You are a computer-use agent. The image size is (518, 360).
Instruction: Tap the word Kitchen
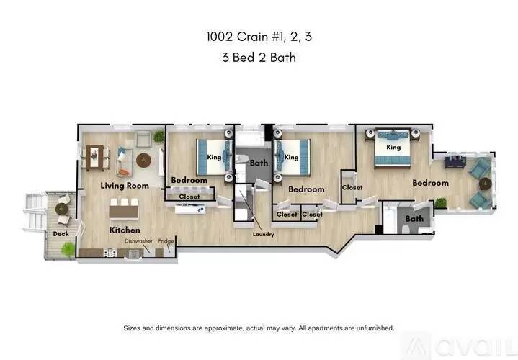coord(124,230)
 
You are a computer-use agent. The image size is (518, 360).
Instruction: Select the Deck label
coord(61,234)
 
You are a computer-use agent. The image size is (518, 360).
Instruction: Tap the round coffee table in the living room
coord(143,159)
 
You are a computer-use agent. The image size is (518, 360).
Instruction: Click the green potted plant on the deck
coord(68,249)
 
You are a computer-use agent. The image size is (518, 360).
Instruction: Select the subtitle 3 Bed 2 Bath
coord(259,58)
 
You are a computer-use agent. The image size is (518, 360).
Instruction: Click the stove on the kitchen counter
coord(110,253)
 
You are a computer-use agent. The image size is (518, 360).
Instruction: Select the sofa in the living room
coord(124,162)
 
